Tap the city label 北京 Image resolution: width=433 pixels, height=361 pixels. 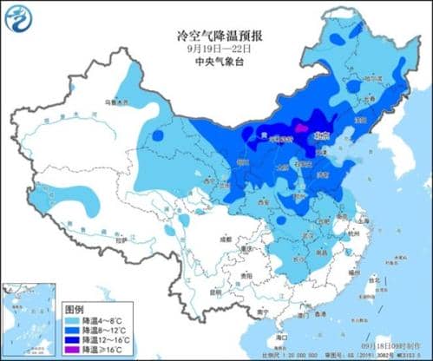pyautogui.click(x=322, y=135)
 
